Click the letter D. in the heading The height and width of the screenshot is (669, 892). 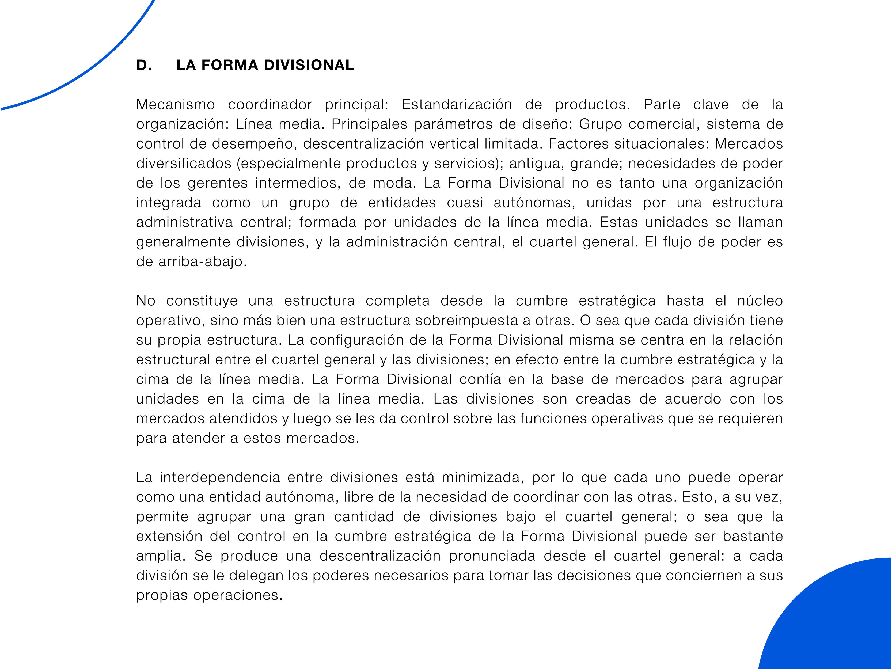[144, 65]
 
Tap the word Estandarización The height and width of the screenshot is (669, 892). [457, 104]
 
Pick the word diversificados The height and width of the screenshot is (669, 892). [184, 163]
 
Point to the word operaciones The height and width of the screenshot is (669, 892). [238, 595]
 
